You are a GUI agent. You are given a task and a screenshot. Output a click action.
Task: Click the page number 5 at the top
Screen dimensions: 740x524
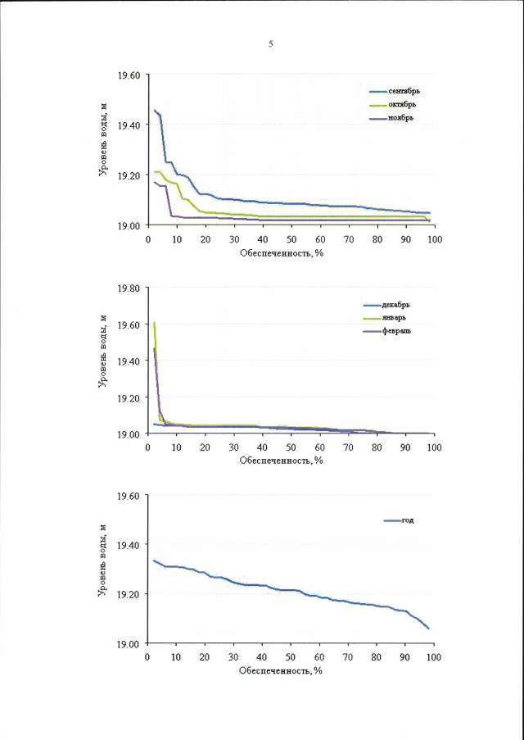pos(271,43)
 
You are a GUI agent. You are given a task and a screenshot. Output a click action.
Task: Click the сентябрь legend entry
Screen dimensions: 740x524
pos(404,92)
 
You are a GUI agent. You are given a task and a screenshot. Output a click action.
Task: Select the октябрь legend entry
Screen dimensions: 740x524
pos(402,104)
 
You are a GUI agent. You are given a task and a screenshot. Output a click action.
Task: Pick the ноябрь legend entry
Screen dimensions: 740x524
pos(400,117)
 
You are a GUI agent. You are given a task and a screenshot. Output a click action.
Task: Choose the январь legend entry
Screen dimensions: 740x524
pos(399,317)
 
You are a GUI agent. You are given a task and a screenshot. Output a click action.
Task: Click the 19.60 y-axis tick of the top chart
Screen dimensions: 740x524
pos(129,75)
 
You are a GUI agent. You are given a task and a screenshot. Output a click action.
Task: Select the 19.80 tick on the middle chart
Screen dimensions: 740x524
pos(129,288)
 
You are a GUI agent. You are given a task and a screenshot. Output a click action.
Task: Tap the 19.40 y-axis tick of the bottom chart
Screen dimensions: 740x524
pos(129,545)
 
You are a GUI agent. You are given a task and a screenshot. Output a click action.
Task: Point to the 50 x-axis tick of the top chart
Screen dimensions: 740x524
pos(291,238)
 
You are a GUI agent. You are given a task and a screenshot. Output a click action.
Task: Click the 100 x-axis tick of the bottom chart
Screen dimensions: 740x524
pos(433,657)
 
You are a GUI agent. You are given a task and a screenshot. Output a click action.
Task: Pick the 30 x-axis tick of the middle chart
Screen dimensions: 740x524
pos(233,447)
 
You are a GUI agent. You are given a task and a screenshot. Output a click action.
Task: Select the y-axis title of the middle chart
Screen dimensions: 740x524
pos(104,361)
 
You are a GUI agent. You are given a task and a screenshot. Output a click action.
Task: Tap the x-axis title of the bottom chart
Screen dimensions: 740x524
pos(282,670)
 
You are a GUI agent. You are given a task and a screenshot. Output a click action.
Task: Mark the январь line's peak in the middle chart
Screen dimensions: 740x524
pos(154,323)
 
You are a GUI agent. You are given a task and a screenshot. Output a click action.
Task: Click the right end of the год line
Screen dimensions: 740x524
pos(429,629)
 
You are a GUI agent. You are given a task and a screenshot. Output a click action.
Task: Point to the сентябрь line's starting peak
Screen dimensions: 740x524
pos(154,110)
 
